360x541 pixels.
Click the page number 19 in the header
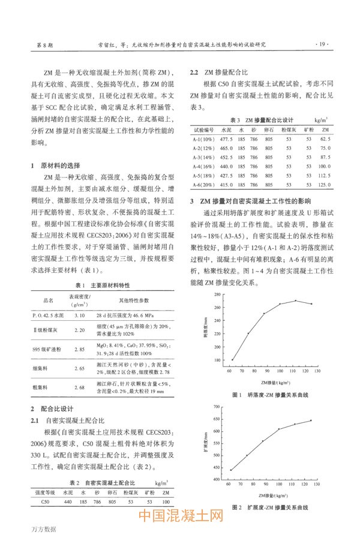point(322,44)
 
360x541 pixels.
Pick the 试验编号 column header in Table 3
point(203,129)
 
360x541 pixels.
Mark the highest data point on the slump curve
point(296,300)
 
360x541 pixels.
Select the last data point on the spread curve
point(311,420)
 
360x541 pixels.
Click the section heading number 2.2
point(194,72)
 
